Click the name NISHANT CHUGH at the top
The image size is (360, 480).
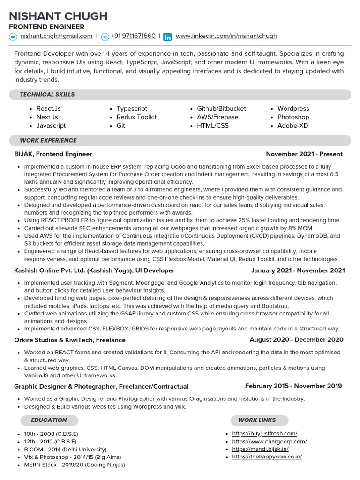coord(59,16)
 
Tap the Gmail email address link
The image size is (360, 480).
coord(56,36)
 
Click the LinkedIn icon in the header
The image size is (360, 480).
coord(167,37)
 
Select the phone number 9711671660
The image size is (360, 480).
coord(138,36)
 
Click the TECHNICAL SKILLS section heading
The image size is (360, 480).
coord(47,95)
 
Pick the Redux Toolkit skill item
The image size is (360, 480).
coord(136,117)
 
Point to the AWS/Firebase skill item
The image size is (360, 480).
coord(217,117)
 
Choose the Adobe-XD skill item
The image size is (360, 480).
coord(292,126)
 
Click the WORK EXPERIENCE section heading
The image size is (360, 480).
coord(48,141)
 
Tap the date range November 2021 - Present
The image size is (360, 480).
coord(304,154)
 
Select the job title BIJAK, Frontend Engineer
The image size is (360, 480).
coord(53,154)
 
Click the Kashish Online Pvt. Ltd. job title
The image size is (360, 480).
coord(94,270)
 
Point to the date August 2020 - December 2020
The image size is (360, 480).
coord(296,340)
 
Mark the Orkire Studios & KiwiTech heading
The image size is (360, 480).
coord(70,340)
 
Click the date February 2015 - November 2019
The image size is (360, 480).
coord(293,386)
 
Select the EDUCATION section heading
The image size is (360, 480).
coord(49,420)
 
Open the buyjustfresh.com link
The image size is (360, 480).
coord(264,434)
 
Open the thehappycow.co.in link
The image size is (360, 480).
coord(267,457)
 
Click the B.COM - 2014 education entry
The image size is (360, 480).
coord(65,449)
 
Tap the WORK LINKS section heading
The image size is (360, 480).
coord(257,420)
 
